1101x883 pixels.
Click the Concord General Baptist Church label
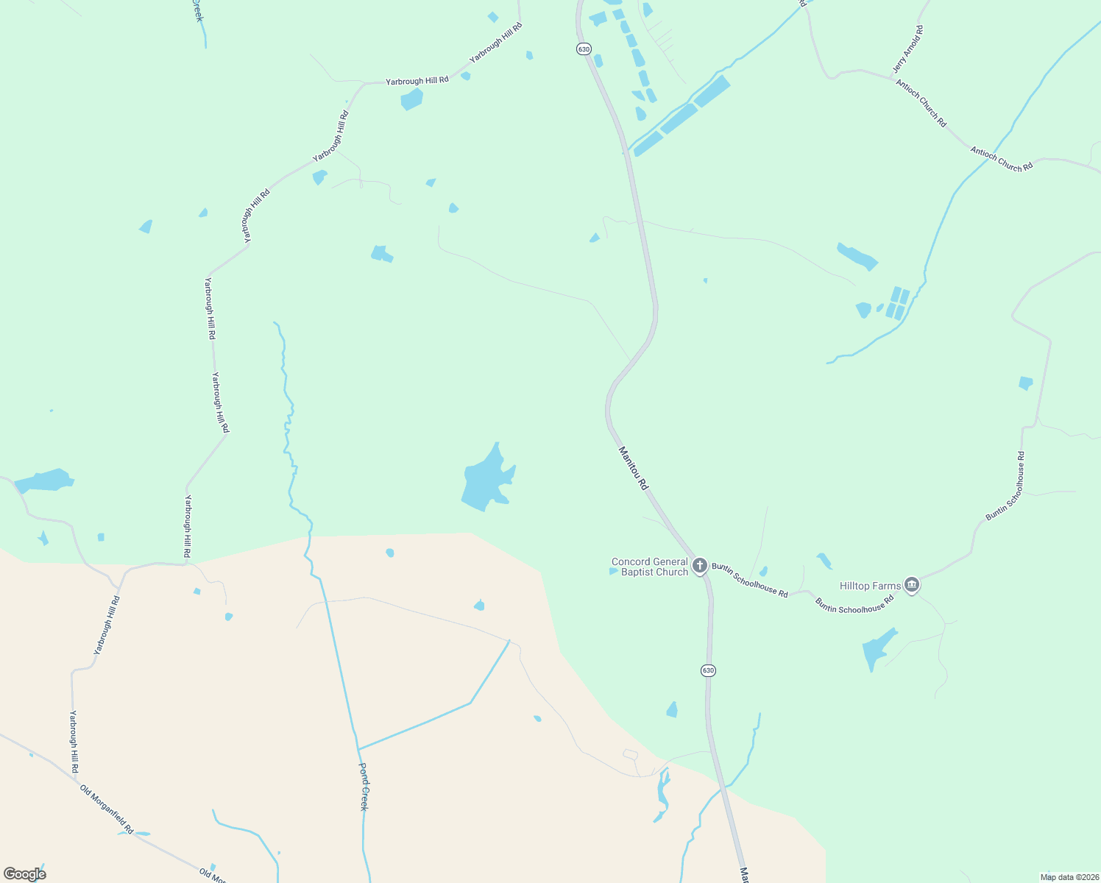(x=650, y=567)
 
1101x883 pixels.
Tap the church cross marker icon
(x=699, y=566)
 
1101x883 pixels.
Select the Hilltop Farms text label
(x=870, y=586)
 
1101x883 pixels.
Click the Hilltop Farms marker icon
(x=912, y=585)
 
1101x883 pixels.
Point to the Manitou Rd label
(x=633, y=468)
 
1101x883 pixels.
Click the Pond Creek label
(x=364, y=786)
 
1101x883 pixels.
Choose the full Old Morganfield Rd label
(x=107, y=809)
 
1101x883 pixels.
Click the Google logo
(x=24, y=874)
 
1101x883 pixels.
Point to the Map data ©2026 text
(x=1068, y=876)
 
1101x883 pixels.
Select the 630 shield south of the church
(x=707, y=670)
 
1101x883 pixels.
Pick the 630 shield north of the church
(x=584, y=49)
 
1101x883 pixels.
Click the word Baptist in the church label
(x=637, y=572)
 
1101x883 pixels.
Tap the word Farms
(x=886, y=586)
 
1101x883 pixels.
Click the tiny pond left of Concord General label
(x=612, y=571)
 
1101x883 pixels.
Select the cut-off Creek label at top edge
(x=197, y=10)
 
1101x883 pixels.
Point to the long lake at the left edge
(x=44, y=480)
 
